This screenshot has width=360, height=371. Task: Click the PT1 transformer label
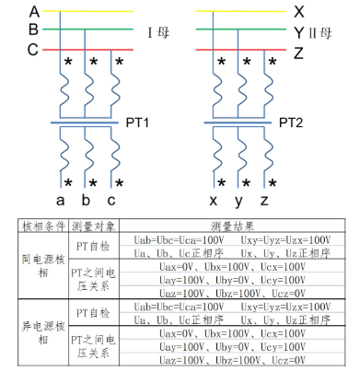coord(137,122)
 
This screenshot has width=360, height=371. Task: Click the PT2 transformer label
coord(291,122)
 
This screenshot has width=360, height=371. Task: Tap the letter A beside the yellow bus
coord(34,12)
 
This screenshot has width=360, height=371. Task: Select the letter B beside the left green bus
coord(34,30)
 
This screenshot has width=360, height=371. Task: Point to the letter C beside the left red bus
coord(34,49)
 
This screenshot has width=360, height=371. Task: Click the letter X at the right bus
coord(298,12)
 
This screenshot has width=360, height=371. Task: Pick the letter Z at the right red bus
coord(298,52)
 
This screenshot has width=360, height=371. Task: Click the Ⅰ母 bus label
coord(158,33)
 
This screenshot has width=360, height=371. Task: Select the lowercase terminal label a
coord(60,199)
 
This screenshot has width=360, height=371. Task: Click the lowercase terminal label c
coord(110,199)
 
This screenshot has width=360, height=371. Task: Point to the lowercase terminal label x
coord(214,199)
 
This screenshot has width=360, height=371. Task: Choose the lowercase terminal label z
coord(265,199)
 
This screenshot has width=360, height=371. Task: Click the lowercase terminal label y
coord(239,200)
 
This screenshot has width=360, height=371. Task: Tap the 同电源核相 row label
coord(43,266)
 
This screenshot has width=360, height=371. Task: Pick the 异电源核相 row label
coord(43,332)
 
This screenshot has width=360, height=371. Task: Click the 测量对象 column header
coord(95,226)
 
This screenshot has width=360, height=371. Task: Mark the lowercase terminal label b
coord(86,199)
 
